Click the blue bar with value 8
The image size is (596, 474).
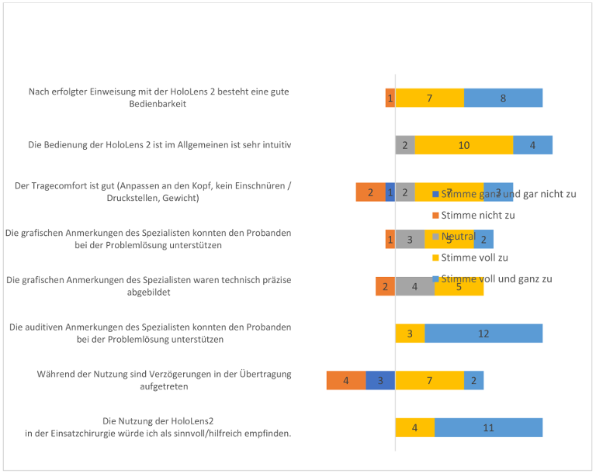(503, 99)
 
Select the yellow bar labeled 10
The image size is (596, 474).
(464, 145)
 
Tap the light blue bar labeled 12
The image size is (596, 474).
(483, 334)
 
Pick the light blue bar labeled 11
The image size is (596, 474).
(488, 427)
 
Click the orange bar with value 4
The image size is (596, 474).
(346, 380)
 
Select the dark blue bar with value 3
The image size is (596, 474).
(380, 380)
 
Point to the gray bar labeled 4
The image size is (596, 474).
(414, 286)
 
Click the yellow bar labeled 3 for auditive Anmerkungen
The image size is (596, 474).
(410, 334)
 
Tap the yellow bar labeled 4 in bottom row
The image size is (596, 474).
(414, 427)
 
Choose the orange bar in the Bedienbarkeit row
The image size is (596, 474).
(390, 99)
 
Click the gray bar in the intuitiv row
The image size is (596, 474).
(405, 145)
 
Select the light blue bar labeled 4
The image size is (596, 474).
(532, 145)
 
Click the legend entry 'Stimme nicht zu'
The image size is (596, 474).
(477, 215)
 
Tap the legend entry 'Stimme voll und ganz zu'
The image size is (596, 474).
(496, 279)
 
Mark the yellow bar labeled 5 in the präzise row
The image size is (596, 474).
(459, 286)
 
